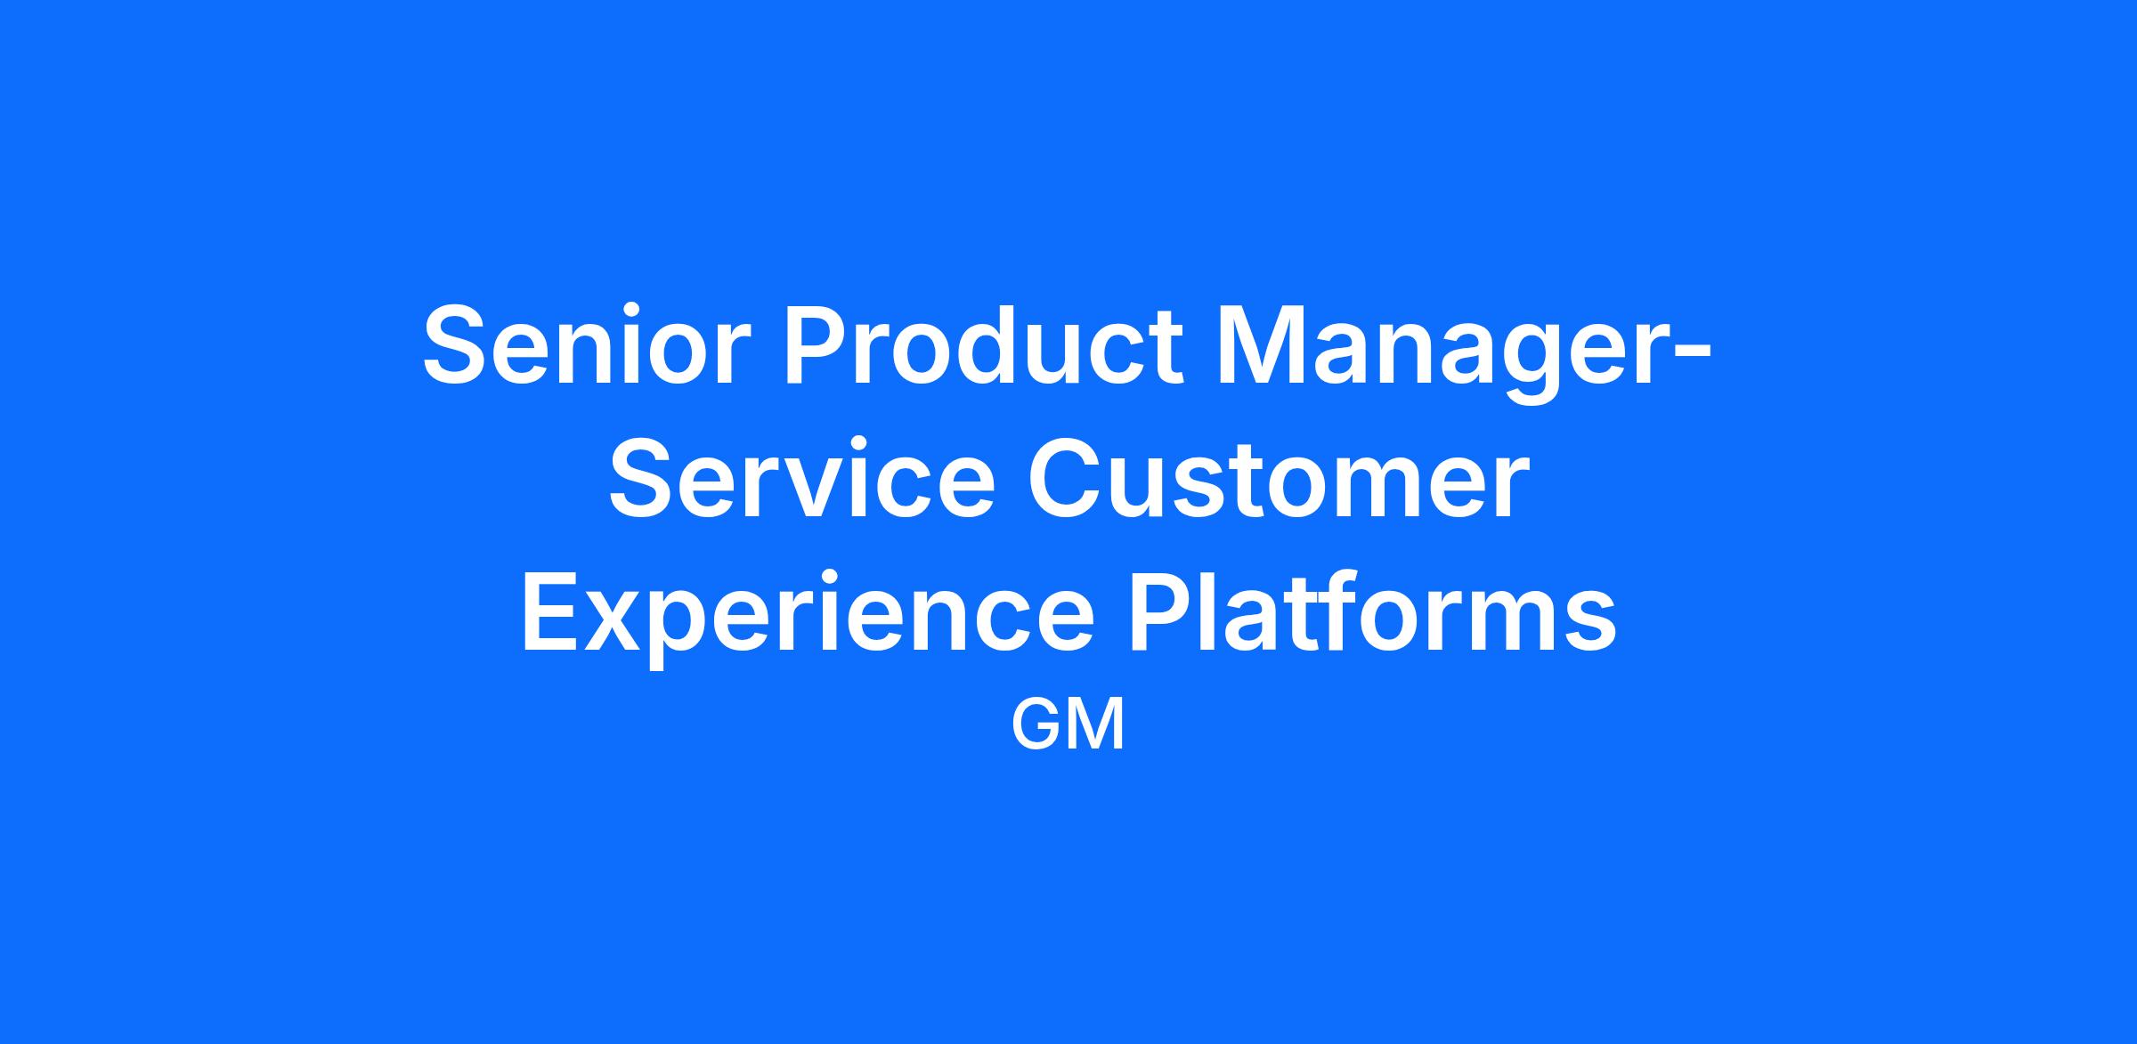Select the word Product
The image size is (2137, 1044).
point(985,345)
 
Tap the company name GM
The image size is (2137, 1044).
point(1068,724)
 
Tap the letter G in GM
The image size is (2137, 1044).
point(1037,724)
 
